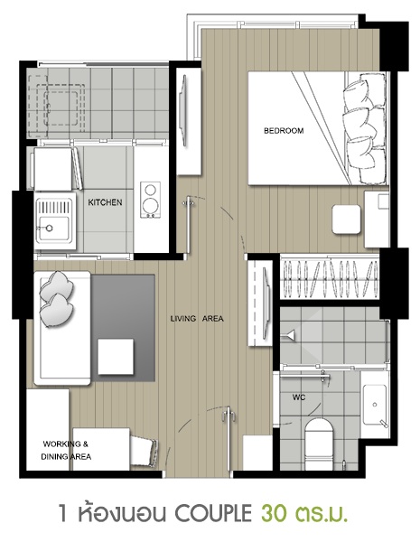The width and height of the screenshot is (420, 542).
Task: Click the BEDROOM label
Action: pos(284,131)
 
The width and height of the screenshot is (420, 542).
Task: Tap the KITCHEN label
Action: pos(105,202)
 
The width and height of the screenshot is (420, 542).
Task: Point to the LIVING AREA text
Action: pos(197,318)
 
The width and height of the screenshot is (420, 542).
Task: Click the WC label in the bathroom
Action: pos(299,397)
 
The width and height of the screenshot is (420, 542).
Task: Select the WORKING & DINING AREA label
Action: pos(66,450)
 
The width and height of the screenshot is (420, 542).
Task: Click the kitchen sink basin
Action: pos(53,229)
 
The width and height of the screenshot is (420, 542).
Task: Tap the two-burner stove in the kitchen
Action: pos(150,201)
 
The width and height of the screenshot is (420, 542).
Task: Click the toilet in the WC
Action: pos(319,444)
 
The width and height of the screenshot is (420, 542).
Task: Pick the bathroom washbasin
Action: pos(375,405)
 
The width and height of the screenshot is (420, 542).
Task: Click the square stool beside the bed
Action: pos(346,220)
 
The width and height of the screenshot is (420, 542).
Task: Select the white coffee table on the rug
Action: pos(116,357)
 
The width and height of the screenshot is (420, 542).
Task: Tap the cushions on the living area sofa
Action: pos(56,299)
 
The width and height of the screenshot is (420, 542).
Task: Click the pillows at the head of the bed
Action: pos(365,128)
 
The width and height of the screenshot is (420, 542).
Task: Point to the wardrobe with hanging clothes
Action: pos(330,279)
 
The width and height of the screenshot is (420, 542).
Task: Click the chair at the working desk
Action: pos(144,449)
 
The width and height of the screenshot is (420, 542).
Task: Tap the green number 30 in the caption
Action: pos(274,514)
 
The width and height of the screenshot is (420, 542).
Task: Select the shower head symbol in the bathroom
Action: pos(289,334)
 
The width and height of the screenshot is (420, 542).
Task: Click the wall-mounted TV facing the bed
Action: pos(183,111)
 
